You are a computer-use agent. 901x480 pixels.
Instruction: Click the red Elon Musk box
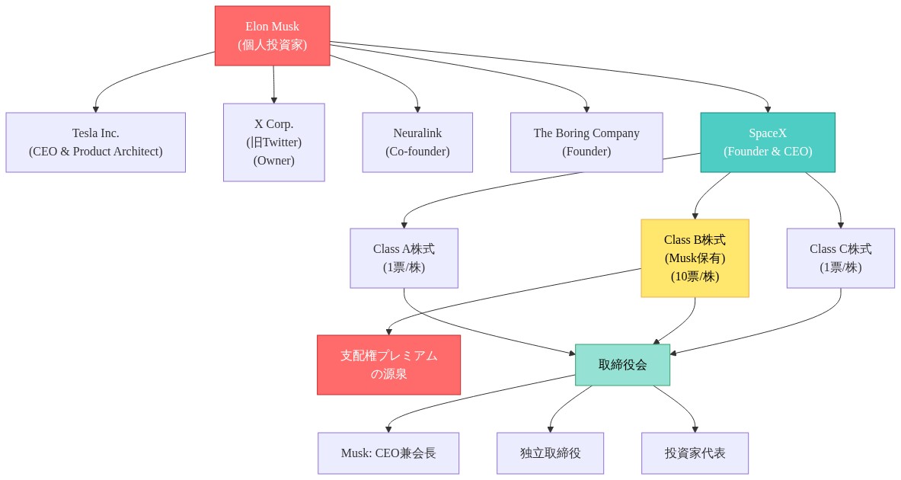click(x=272, y=36)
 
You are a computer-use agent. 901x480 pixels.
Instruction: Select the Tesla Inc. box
click(x=95, y=142)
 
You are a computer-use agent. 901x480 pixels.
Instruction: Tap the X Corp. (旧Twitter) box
click(x=273, y=142)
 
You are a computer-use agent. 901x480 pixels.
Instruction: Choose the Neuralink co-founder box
click(x=417, y=142)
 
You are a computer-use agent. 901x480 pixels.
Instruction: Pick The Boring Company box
click(x=586, y=142)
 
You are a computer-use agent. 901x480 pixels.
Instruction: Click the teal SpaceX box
click(x=768, y=142)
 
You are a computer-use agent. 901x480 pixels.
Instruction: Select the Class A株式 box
click(x=404, y=258)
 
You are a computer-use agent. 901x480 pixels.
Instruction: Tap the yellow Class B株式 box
click(x=695, y=258)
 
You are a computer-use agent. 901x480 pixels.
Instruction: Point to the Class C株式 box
click(x=840, y=258)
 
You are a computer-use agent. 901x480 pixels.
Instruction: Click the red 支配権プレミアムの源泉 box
click(x=388, y=365)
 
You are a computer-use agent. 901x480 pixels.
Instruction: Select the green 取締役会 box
click(x=622, y=365)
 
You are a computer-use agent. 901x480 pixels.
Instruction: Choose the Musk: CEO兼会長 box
click(x=388, y=453)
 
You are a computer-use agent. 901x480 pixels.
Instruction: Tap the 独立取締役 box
click(x=550, y=453)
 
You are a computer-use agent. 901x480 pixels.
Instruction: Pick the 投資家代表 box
click(x=695, y=453)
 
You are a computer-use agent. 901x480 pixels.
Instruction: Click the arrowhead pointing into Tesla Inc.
click(x=96, y=109)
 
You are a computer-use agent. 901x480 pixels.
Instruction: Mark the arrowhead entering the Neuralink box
click(x=417, y=109)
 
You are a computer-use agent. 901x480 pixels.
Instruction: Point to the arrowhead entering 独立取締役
click(x=550, y=429)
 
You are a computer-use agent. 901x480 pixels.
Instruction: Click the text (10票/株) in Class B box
click(x=695, y=277)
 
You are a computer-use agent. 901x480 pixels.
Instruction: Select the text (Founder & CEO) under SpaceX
click(x=768, y=152)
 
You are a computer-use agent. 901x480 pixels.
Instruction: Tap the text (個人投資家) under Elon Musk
click(x=272, y=45)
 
